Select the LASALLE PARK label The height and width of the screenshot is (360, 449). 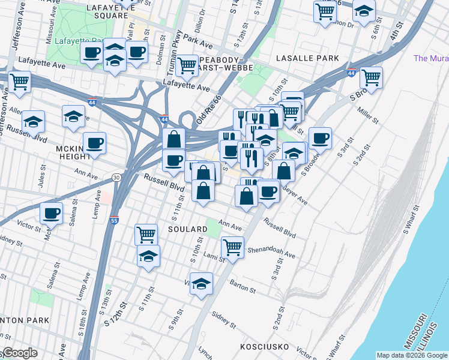(307, 58)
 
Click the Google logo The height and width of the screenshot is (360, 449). (19, 353)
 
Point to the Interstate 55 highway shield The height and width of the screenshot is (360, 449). (114, 220)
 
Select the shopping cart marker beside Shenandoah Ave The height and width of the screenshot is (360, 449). (232, 246)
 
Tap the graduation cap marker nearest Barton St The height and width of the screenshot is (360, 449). (202, 283)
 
